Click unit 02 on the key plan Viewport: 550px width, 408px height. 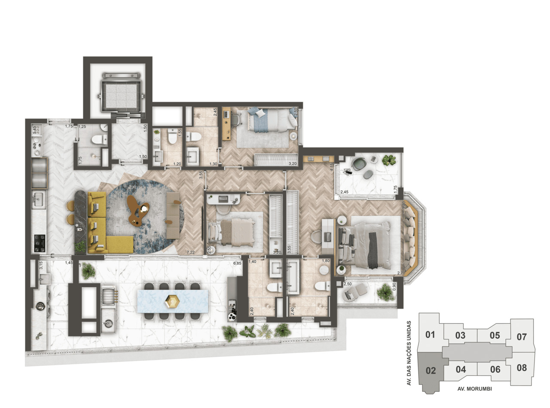tap(431, 370)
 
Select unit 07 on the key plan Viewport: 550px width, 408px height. tap(522, 337)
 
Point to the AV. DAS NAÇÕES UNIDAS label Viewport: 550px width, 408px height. tap(409, 353)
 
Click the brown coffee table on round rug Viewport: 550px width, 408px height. tap(138, 211)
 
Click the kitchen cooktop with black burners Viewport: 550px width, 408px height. tap(40, 243)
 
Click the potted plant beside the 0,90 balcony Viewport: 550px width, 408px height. tap(385, 292)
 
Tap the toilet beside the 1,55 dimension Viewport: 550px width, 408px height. tap(172, 137)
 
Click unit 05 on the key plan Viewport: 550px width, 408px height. tap(495, 335)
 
